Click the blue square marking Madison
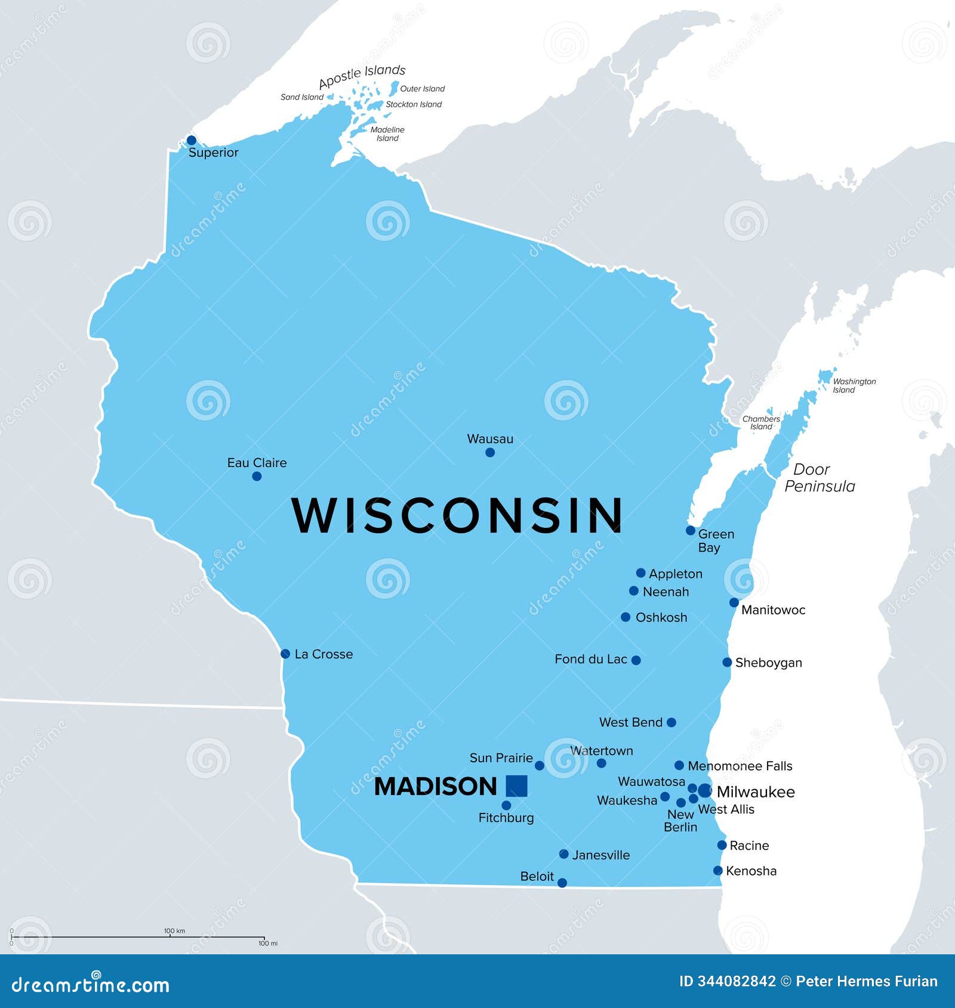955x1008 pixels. point(516,786)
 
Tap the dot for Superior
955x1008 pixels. point(191,140)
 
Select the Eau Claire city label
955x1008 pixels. point(257,463)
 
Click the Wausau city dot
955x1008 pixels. point(490,452)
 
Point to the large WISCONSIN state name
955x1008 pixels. point(457,515)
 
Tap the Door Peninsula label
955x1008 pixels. point(819,478)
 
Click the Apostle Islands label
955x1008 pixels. point(362,76)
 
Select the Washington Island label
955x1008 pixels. point(854,385)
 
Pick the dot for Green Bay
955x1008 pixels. point(691,530)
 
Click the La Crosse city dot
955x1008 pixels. point(285,654)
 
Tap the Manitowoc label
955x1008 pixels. point(773,610)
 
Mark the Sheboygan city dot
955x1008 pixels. point(727,662)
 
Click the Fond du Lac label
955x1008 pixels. point(590,659)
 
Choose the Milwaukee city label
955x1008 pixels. point(756,792)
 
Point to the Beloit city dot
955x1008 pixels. point(562,883)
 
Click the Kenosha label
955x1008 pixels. point(751,871)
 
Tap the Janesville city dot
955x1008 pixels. point(563,854)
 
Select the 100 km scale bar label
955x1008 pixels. point(174,930)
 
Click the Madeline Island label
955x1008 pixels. point(387,134)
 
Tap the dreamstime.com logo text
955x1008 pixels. point(91,985)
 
